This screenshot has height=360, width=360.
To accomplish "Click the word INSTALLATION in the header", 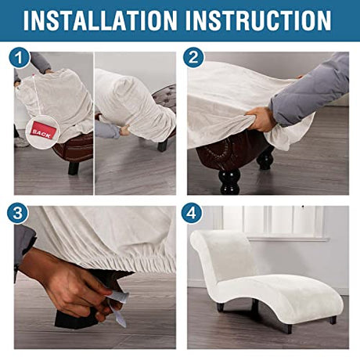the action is coord(100,20).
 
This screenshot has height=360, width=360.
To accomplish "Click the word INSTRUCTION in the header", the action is coord(258,20).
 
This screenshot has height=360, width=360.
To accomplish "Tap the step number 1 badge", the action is coord(20,58).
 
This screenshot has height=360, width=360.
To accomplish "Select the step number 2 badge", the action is coord(193,58).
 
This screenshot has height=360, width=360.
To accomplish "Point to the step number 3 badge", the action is coord(18,213).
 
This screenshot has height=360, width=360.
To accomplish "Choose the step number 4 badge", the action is coord(192,213).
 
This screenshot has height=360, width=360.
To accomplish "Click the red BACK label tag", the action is coord(41,131).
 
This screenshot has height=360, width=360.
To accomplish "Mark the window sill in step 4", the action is coord(288,239).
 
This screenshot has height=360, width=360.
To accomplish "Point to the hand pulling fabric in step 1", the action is coord(125,130).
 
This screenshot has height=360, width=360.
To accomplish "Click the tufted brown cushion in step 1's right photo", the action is coord(165,97).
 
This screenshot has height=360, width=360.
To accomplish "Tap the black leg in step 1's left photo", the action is coord(74,167).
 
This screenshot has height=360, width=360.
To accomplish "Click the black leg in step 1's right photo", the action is coord(162,146).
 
